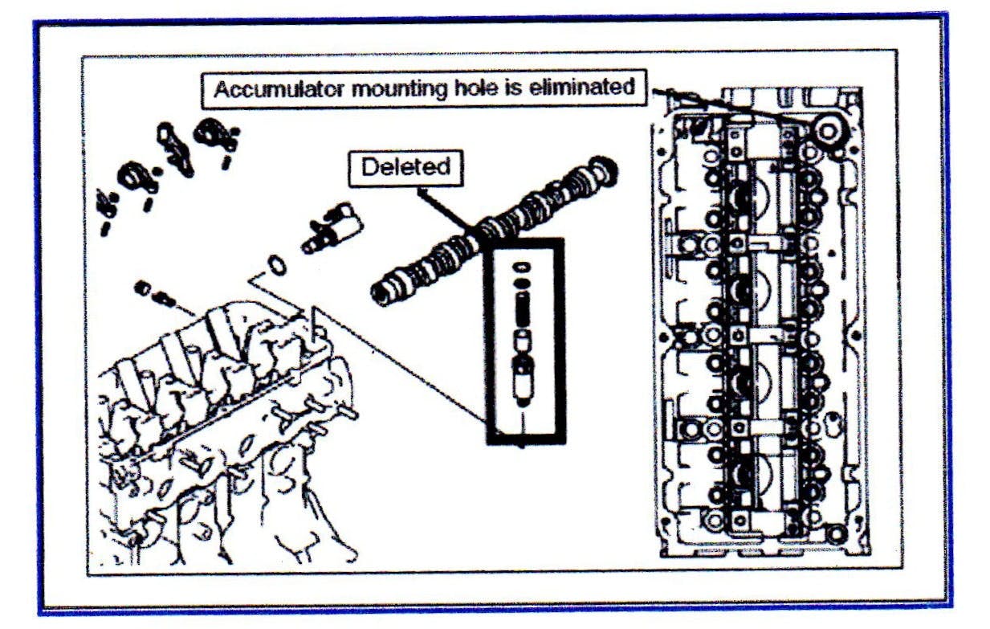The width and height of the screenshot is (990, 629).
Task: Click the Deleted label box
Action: pyautogui.click(x=405, y=167)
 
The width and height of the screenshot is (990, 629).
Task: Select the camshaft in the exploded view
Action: pyautogui.click(x=490, y=232)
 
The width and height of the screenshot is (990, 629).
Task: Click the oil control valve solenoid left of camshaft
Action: pyautogui.click(x=332, y=227)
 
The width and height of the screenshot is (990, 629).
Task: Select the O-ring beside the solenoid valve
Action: pyautogui.click(x=275, y=263)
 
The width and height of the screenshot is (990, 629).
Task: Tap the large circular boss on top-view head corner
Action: pyautogui.click(x=827, y=129)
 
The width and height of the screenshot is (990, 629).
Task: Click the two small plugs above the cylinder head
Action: pyautogui.click(x=154, y=292)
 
